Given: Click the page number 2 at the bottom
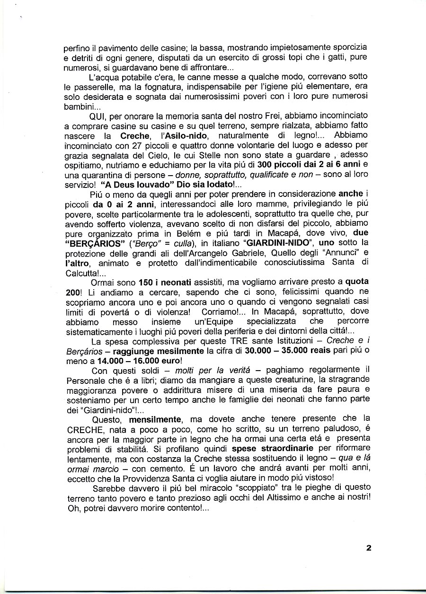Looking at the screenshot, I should point(368,549).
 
